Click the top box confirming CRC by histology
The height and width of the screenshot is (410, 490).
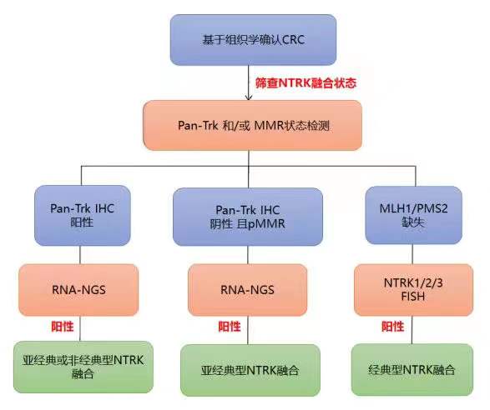(253, 40)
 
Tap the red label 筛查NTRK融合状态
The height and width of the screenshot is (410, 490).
(306, 83)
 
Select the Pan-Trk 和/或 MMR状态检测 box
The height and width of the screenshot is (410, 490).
(252, 126)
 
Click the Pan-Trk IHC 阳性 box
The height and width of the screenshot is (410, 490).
(82, 215)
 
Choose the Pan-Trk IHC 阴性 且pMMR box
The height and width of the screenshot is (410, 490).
(247, 217)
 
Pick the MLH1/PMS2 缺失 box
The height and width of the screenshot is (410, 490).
(413, 215)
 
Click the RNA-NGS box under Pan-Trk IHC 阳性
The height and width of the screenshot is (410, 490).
(78, 290)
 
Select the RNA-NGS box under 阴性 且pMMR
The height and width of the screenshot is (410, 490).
(247, 290)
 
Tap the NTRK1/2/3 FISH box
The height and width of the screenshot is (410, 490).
(413, 290)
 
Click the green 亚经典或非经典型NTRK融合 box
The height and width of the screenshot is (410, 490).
(83, 367)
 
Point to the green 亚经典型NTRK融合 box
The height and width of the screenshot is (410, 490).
(250, 370)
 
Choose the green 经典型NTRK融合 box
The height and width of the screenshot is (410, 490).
(412, 370)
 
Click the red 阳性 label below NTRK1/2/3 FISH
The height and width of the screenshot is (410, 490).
(392, 327)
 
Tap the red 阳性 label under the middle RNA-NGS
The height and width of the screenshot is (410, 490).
(230, 327)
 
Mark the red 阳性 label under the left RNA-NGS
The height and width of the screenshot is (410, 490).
(63, 327)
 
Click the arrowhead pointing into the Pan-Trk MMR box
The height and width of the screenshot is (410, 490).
(249, 97)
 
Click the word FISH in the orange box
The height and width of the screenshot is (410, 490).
(413, 296)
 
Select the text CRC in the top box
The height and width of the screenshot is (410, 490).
(294, 40)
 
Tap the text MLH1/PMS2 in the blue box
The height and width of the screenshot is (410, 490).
(413, 208)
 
